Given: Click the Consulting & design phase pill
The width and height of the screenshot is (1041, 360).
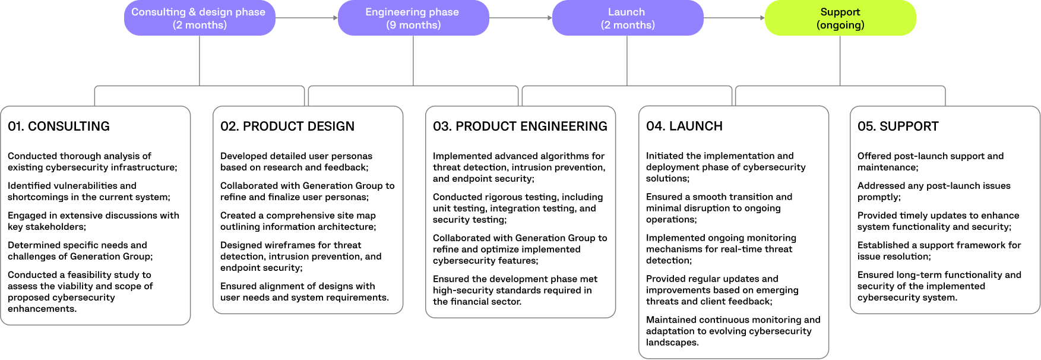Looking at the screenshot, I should tap(200, 18).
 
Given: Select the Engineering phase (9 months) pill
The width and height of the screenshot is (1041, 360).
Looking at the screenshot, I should tap(413, 18).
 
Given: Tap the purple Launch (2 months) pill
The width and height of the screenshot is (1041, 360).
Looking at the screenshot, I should tap(627, 18).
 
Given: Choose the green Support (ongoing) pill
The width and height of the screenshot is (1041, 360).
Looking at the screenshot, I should tap(840, 18).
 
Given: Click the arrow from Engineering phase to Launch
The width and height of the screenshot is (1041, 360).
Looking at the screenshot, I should tap(520, 18).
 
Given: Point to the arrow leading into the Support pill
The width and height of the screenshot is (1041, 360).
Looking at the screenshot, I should tap(734, 18).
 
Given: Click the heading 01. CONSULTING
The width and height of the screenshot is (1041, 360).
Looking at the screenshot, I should tap(59, 126).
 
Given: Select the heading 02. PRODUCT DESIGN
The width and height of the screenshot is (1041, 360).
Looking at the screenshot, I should tap(287, 126).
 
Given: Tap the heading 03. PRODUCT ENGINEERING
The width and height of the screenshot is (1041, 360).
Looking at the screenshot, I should tap(520, 126).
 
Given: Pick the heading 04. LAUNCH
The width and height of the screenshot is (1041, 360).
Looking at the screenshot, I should tap(684, 126).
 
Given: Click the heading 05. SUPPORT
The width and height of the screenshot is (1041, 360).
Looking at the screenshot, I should tap(898, 126).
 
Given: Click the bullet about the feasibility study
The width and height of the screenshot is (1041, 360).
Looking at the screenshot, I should tap(80, 292).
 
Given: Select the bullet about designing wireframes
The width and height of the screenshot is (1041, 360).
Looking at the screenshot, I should tap(300, 256).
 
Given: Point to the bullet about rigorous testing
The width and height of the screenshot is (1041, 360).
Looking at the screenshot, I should tap(517, 208).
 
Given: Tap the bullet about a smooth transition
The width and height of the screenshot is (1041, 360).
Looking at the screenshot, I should tap(719, 208).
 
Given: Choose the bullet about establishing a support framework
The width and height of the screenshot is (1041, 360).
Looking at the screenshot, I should tap(939, 250).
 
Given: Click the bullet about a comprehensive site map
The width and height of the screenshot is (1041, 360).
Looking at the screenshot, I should tap(298, 220).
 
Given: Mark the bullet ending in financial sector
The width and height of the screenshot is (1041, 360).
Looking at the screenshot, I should tap(515, 290).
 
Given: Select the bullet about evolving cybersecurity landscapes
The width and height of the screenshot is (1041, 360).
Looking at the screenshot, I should tap(733, 331).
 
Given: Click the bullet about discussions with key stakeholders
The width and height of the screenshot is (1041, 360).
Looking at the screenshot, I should tap(93, 220).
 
